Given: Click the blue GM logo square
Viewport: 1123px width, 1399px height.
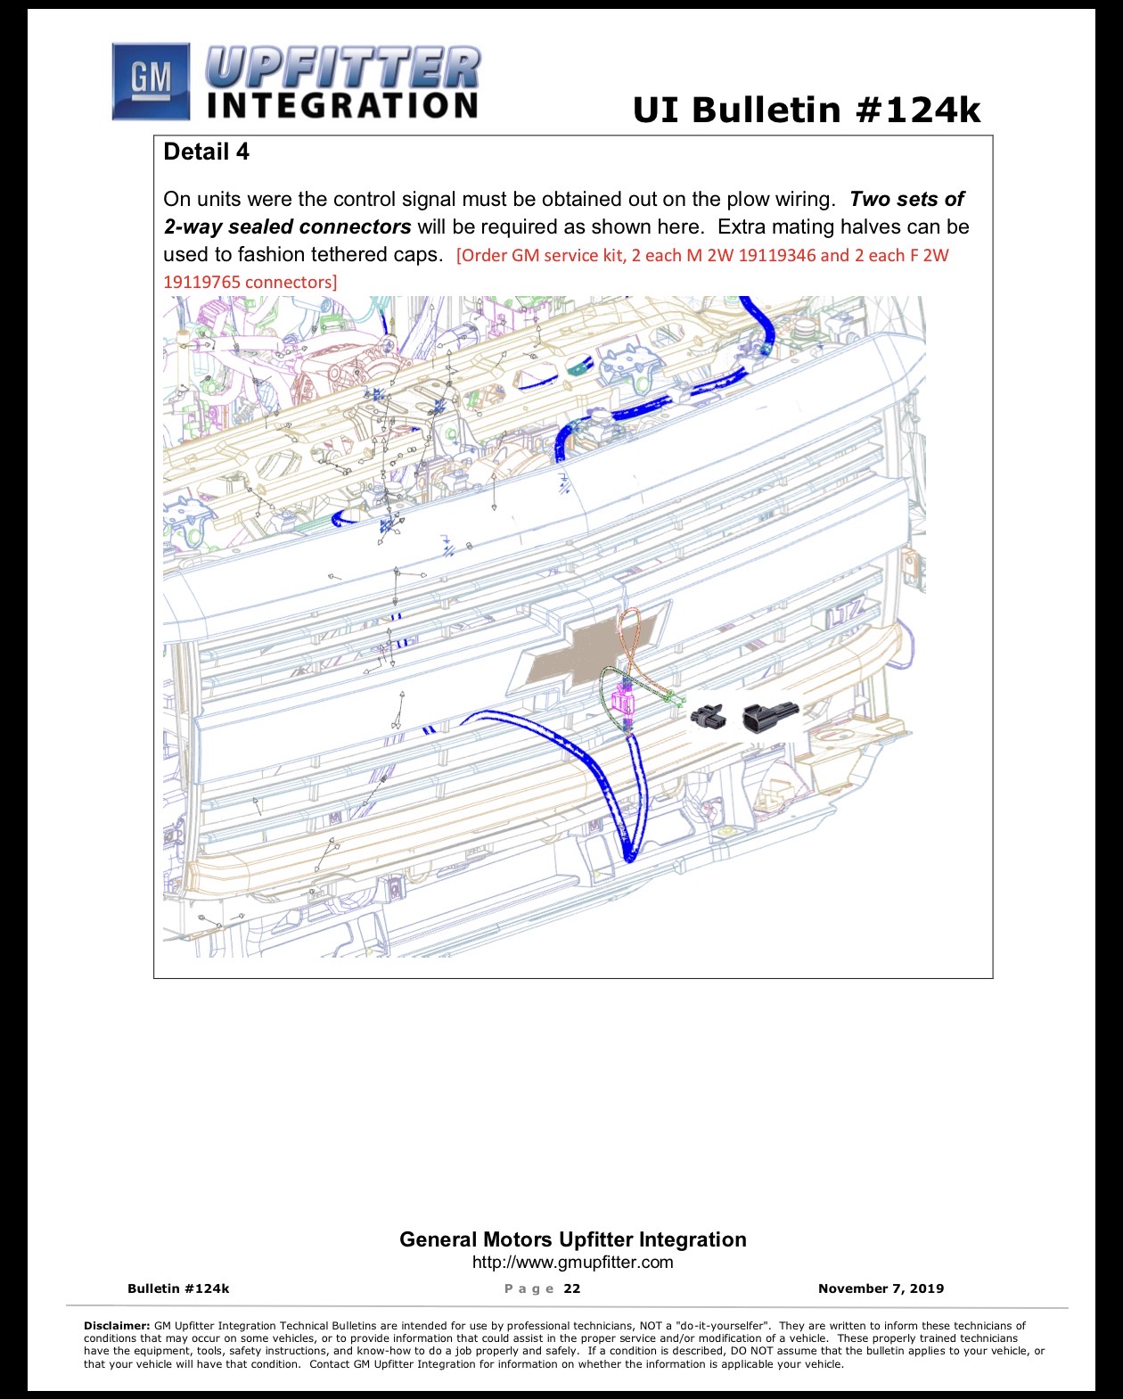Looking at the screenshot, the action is click(151, 81).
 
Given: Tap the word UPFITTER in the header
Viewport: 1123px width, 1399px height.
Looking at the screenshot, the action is click(343, 68).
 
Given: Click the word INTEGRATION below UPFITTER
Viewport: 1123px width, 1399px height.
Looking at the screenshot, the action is click(342, 105).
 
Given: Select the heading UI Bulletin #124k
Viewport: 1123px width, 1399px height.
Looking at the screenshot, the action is click(807, 109).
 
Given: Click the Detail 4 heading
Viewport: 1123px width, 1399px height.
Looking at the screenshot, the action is click(206, 152).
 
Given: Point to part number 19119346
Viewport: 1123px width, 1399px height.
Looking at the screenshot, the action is click(776, 255).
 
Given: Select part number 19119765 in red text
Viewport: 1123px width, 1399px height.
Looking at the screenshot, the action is click(201, 282).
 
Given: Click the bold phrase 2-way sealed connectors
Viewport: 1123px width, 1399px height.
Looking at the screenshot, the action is click(287, 226).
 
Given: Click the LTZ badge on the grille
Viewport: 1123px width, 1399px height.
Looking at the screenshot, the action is click(845, 613).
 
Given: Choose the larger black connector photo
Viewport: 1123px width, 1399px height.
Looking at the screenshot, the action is click(770, 717).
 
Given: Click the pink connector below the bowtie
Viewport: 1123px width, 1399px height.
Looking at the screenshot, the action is click(623, 702).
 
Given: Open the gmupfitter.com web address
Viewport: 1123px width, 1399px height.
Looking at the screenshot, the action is click(572, 1262).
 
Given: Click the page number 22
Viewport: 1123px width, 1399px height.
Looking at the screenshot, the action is click(572, 1288).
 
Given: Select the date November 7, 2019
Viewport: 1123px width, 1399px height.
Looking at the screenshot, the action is click(881, 1288).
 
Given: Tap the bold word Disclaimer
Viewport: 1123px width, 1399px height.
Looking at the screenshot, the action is click(117, 1326).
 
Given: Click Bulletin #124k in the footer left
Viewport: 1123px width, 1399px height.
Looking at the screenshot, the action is click(178, 1288).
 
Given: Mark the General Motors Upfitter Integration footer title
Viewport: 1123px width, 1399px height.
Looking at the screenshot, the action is click(572, 1239).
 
